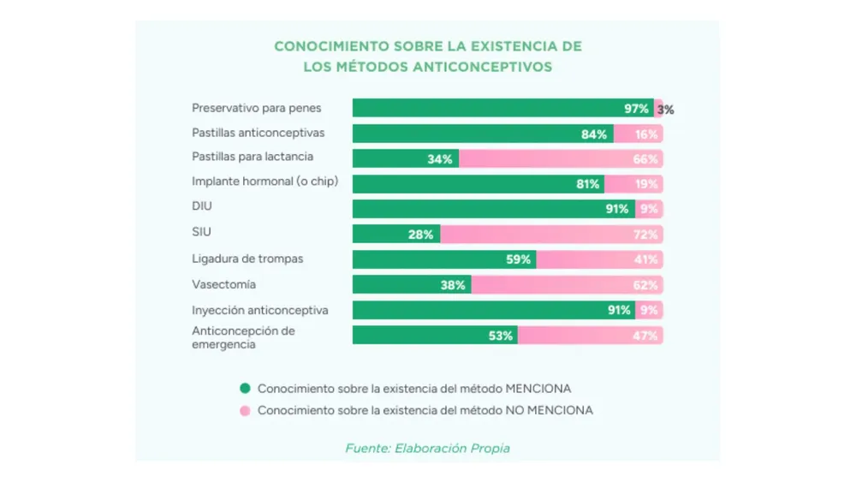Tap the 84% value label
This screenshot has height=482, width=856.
594,134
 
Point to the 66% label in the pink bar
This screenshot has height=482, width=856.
646,159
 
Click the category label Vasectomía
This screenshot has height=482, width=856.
223,284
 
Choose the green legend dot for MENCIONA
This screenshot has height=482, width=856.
245,388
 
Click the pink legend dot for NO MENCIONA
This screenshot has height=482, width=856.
245,410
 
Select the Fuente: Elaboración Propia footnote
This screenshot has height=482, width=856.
427,448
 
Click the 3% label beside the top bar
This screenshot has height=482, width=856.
666,110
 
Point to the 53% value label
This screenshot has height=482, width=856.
501,336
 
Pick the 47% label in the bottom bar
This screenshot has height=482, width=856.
646,336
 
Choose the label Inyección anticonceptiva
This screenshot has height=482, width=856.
259,310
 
